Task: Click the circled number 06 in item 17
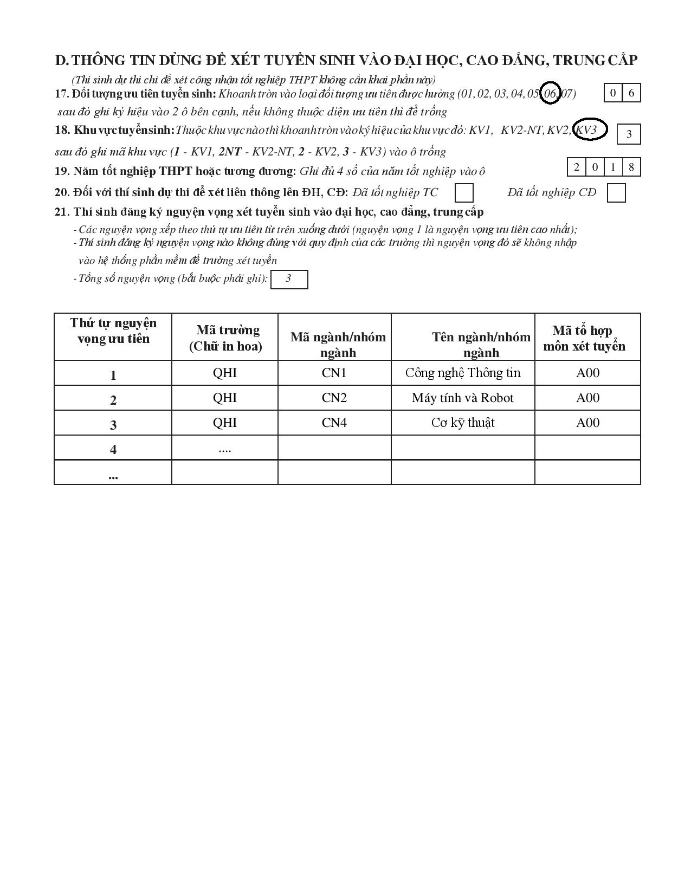[550, 94]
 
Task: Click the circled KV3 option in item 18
[589, 129]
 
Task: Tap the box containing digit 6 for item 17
[631, 93]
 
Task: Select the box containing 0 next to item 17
[613, 93]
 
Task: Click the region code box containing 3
[629, 134]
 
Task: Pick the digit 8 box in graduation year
[631, 167]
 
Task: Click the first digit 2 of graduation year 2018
[577, 167]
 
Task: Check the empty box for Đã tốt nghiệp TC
[464, 193]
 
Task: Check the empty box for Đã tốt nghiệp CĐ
[616, 193]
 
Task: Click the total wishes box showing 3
[289, 279]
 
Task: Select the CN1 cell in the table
[334, 373]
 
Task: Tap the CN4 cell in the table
[334, 423]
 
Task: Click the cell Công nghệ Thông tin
[463, 373]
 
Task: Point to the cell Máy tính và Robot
[463, 398]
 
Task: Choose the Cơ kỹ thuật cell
[463, 423]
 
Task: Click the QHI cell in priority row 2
[225, 398]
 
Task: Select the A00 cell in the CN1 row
[587, 373]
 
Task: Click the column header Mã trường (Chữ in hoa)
[225, 338]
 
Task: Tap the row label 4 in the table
[113, 449]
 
